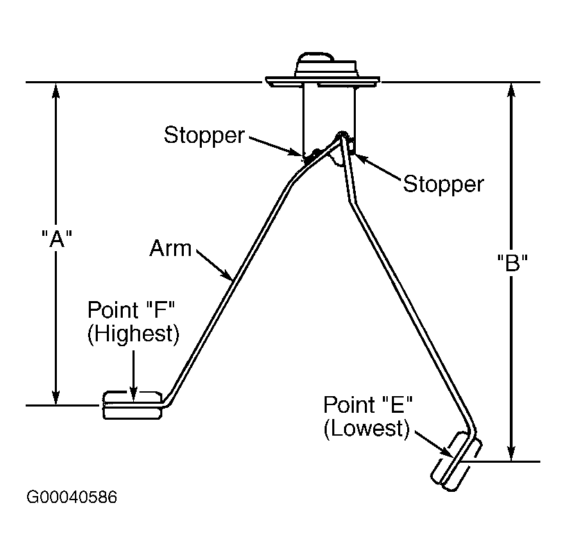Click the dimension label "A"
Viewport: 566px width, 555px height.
[x=57, y=239]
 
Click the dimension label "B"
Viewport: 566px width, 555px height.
[x=512, y=262]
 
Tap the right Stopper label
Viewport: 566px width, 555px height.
[x=443, y=185]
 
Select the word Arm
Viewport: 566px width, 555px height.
[x=171, y=248]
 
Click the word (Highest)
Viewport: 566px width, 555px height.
[x=134, y=334]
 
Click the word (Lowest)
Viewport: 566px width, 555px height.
[x=367, y=429]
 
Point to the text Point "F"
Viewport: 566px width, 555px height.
[x=131, y=310]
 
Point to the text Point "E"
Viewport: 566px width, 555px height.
[x=368, y=404]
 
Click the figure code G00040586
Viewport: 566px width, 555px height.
[x=72, y=497]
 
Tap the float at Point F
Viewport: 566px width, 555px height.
[x=132, y=405]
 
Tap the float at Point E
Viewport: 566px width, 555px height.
[x=456, y=461]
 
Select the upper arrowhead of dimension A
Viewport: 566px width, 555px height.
[x=55, y=91]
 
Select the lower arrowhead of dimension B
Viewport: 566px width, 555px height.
[x=511, y=453]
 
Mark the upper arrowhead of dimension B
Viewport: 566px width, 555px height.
[x=511, y=91]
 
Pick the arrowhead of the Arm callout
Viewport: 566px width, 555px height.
[x=227, y=275]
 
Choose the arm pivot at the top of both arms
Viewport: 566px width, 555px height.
[x=341, y=135]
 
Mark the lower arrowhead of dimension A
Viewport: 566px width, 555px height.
[x=55, y=397]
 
